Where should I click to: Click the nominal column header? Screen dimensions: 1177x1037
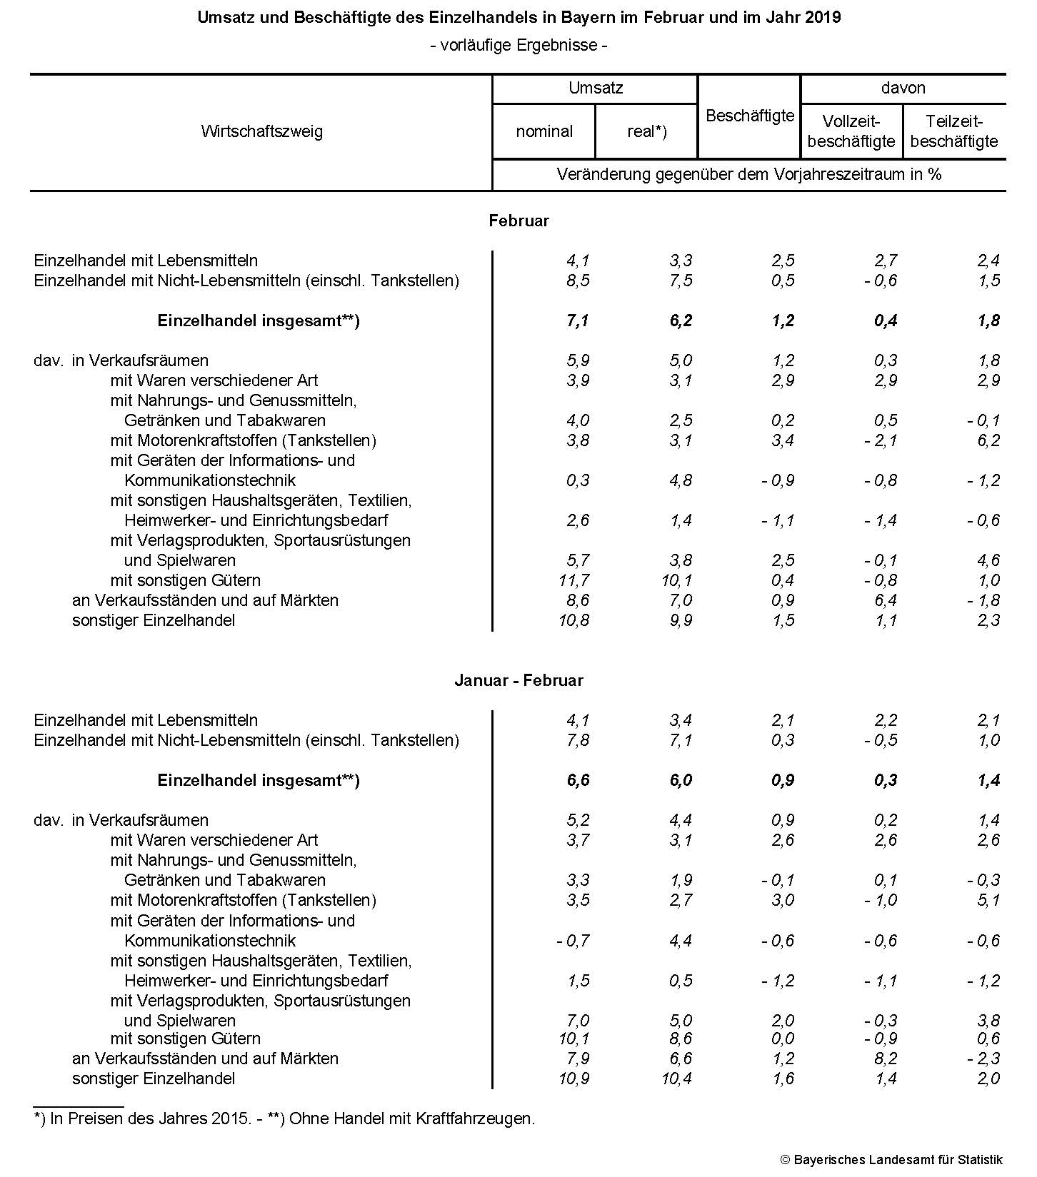pyautogui.click(x=544, y=131)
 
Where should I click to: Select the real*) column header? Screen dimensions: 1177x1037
pyautogui.click(x=646, y=131)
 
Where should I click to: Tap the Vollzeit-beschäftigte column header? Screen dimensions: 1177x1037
pyautogui.click(x=851, y=131)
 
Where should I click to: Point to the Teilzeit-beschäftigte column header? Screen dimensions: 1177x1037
pyautogui.click(x=954, y=131)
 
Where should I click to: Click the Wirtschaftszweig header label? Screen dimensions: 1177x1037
pyautogui.click(x=261, y=131)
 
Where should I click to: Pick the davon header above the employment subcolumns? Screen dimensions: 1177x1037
pyautogui.click(x=903, y=88)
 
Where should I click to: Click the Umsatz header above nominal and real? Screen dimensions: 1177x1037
pyautogui.click(x=596, y=88)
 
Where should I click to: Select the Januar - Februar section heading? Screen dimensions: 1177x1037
pyautogui.click(x=518, y=680)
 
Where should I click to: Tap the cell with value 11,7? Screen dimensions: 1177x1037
pyautogui.click(x=574, y=580)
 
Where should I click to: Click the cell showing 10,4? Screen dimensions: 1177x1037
pyautogui.click(x=677, y=1079)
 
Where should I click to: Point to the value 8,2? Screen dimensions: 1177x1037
pyautogui.click(x=886, y=1059)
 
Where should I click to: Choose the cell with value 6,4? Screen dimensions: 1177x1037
pyautogui.click(x=886, y=600)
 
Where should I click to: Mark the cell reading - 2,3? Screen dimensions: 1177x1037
pyautogui.click(x=983, y=1059)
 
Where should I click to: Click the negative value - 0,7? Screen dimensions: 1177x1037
pyautogui.click(x=573, y=941)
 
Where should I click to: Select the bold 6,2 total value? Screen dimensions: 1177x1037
pyautogui.click(x=681, y=320)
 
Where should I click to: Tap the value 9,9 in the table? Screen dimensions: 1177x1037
pyautogui.click(x=681, y=620)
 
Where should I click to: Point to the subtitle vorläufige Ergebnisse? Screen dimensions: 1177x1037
pyautogui.click(x=518, y=45)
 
